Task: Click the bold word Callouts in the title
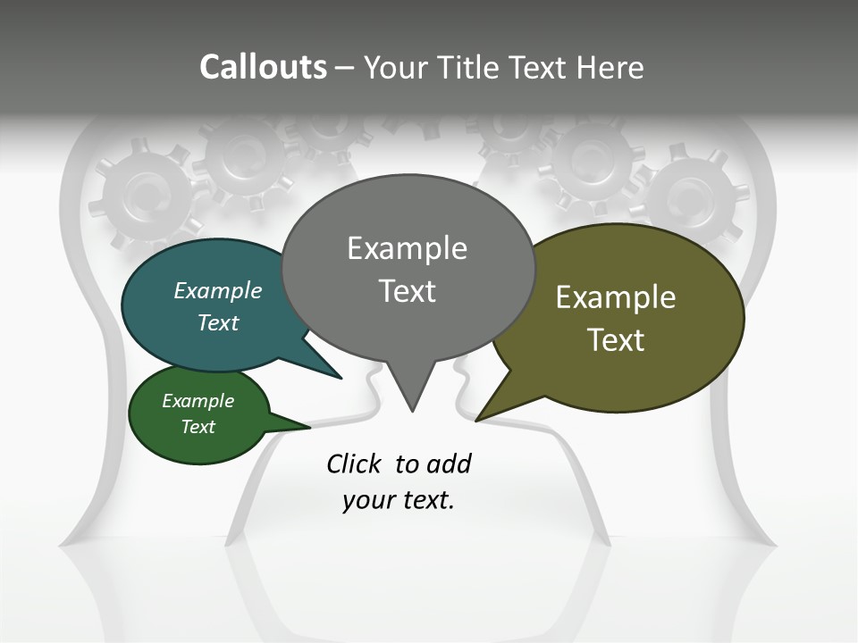coord(263,67)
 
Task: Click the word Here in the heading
coord(610,67)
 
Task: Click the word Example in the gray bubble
coord(407,248)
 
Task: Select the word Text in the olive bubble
coord(616,340)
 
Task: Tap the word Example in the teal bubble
coord(218,291)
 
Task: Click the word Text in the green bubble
coord(198,427)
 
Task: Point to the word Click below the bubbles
coord(354,463)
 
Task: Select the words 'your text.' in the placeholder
coord(399,501)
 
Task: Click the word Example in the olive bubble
coord(616,297)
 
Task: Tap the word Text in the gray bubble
coord(408,291)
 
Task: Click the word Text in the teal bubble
coord(218,322)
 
